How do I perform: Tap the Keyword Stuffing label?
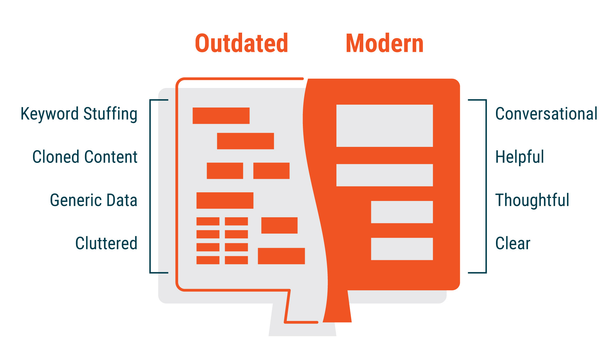coord(79,114)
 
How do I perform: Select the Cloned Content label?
coord(85,157)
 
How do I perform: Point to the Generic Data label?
coord(93,200)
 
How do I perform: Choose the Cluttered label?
coord(106,243)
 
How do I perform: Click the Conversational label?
coord(546,114)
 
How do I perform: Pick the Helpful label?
coord(519,157)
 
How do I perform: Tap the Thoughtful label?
coord(532,200)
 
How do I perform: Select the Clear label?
coord(513,244)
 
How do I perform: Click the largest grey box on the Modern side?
coord(384,126)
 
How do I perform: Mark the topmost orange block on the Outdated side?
coord(221,116)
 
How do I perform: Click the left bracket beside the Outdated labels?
coord(150,186)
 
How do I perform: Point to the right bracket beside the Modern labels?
coord(486,186)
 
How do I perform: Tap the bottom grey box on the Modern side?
coord(402,249)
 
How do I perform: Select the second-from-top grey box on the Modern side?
coord(384,175)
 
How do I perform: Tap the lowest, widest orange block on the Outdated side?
coord(281,256)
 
